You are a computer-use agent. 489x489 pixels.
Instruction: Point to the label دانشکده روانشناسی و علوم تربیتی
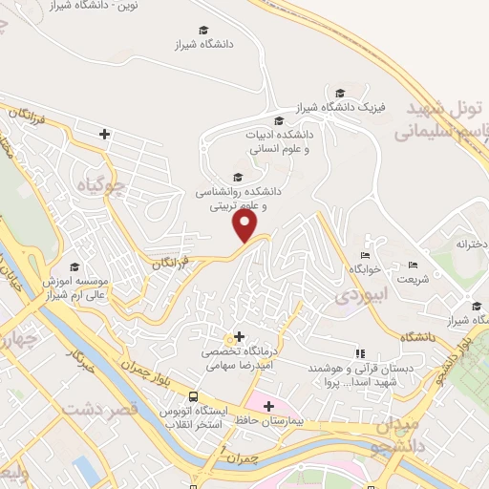[x=229, y=198]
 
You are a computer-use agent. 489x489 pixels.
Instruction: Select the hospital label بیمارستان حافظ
[x=297, y=419]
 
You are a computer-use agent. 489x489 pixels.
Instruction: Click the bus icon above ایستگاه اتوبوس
[x=194, y=396]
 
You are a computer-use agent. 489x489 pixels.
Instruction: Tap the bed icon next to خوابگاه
[x=364, y=256]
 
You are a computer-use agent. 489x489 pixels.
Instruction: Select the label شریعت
[x=413, y=280]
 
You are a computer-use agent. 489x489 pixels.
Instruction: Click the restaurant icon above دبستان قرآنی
[x=359, y=353]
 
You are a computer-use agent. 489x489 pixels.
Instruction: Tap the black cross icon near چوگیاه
[x=104, y=135]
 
